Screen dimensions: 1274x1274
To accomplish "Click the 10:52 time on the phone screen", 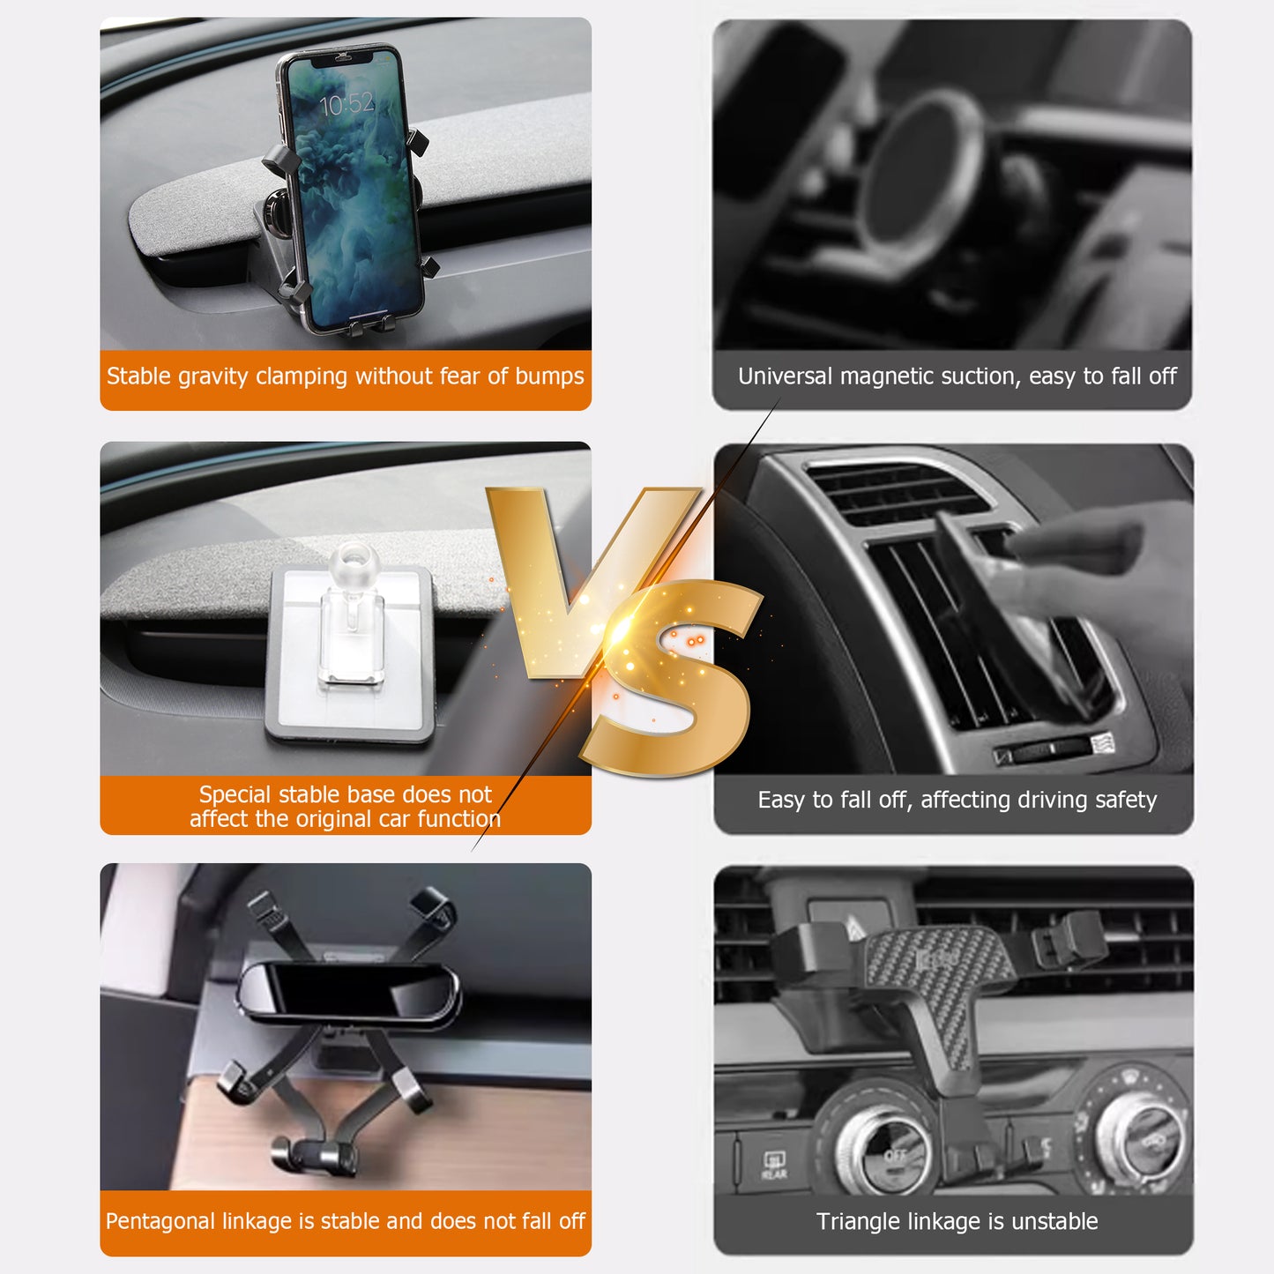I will click(x=346, y=105).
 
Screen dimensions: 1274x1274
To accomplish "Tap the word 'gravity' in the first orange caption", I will click(x=212, y=376).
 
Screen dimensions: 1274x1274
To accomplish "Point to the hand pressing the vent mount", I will click(x=1093, y=564).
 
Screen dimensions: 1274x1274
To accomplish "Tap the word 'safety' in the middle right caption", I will click(x=1125, y=800).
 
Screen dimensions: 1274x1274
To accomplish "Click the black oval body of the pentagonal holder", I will click(x=348, y=992).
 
